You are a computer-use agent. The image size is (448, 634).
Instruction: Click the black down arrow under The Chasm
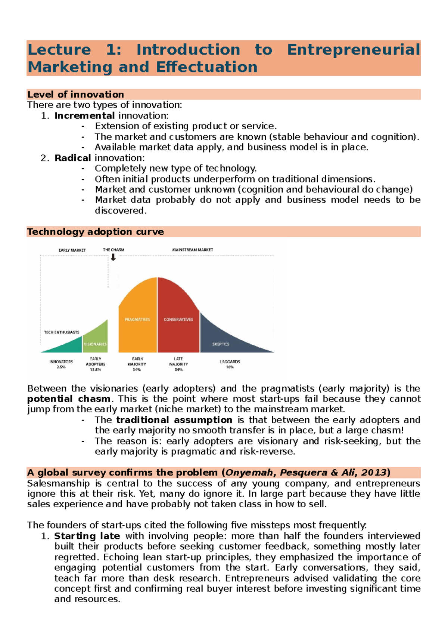pos(113,257)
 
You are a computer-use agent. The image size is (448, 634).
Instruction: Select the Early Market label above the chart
pos(72,250)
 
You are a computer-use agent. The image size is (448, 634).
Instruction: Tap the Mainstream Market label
pos(192,250)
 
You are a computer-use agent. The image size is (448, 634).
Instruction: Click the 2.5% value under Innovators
pos(61,367)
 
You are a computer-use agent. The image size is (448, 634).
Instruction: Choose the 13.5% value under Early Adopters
pos(96,370)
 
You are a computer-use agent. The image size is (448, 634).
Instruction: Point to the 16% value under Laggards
pos(230,367)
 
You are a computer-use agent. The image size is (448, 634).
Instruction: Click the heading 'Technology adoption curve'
pos(95,232)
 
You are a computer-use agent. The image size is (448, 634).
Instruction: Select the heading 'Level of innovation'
pos(75,94)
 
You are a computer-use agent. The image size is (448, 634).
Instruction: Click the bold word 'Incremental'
pos(84,116)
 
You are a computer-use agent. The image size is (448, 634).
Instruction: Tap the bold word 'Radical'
pos(72,158)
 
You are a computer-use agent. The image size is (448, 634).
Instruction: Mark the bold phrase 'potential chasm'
pos(69,398)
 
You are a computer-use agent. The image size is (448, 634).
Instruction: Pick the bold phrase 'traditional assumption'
pos(174,420)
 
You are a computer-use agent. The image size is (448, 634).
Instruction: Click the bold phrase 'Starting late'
pos(87,536)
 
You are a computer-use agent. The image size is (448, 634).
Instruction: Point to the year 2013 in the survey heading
pos(374,473)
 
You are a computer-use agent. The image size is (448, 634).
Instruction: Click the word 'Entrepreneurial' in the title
pos(353,50)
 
